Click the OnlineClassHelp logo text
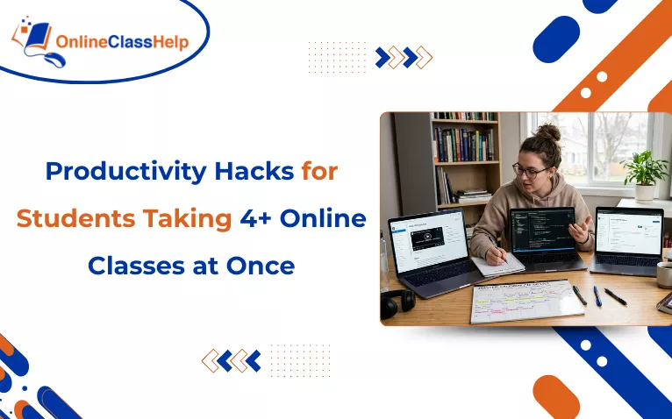pos(122,42)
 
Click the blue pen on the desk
pos(597,295)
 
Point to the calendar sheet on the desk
pos(525,300)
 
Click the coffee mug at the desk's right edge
pos(664,273)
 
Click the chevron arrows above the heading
pos(404,58)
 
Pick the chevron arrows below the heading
pos(231,360)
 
